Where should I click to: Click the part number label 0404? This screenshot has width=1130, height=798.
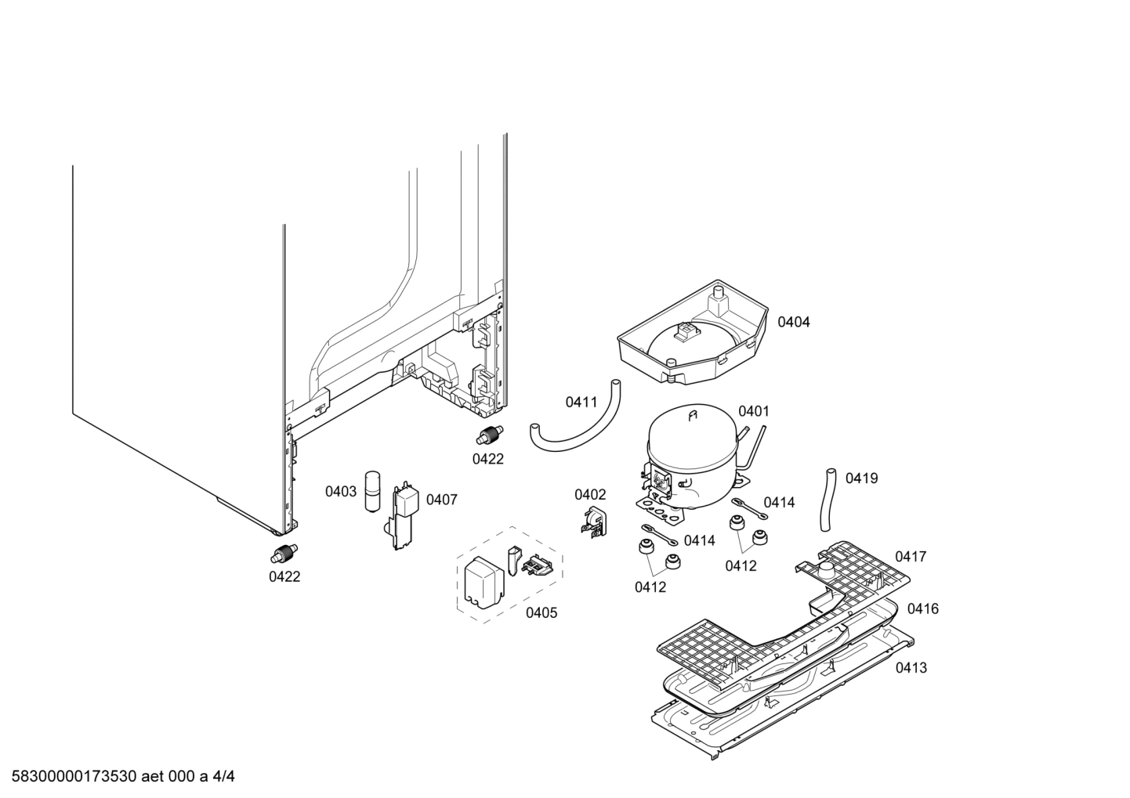pyautogui.click(x=793, y=322)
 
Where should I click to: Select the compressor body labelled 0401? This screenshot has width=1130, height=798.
pyautogui.click(x=690, y=458)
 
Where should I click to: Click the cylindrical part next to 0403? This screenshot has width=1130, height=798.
pyautogui.click(x=372, y=492)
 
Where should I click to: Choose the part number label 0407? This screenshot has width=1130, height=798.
pyautogui.click(x=441, y=500)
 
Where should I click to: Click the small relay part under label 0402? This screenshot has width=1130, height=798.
pyautogui.click(x=593, y=522)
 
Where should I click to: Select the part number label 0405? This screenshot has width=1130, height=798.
pyautogui.click(x=541, y=612)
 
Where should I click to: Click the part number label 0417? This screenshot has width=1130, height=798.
pyautogui.click(x=911, y=557)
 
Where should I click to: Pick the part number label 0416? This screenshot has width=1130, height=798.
pyautogui.click(x=922, y=608)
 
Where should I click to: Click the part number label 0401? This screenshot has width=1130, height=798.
pyautogui.click(x=753, y=411)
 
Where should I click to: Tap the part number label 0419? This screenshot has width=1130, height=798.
pyautogui.click(x=861, y=478)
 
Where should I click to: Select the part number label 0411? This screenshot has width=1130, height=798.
pyautogui.click(x=581, y=403)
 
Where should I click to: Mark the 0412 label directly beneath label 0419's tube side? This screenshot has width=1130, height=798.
pyautogui.click(x=741, y=565)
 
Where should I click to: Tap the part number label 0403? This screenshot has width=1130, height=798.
pyautogui.click(x=341, y=492)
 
